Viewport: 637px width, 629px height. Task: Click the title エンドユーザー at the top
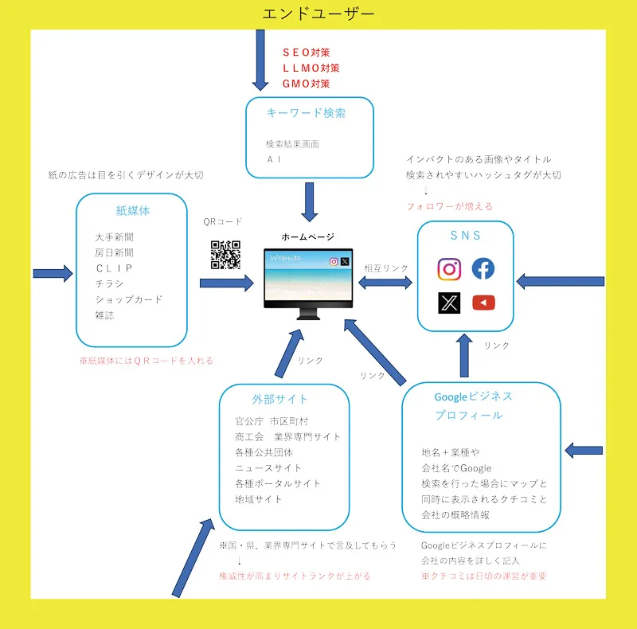point(318,14)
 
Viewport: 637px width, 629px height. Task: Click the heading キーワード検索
point(307,113)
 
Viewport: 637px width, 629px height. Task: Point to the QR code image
point(225,255)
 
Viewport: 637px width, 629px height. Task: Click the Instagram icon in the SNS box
point(449,269)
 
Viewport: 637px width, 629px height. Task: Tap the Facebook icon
point(483,269)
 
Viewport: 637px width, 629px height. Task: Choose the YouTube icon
point(483,303)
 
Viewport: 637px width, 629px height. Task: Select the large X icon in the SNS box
point(449,303)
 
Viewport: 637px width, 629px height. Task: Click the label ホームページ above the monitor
point(307,237)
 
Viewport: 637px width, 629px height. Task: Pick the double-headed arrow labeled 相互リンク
point(386,283)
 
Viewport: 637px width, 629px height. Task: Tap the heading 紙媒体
point(133,211)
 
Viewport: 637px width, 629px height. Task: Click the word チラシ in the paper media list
point(110,283)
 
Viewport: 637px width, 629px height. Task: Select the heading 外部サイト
point(284,399)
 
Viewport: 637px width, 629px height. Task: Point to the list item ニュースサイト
point(268,468)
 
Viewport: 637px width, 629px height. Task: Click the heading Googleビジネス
point(473,397)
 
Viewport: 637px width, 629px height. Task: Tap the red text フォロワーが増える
point(449,206)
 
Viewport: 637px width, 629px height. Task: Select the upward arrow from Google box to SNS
point(464,354)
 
